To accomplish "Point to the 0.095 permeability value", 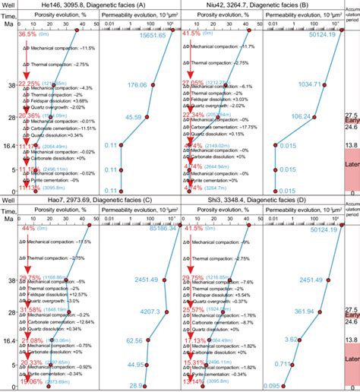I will click(271, 387).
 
